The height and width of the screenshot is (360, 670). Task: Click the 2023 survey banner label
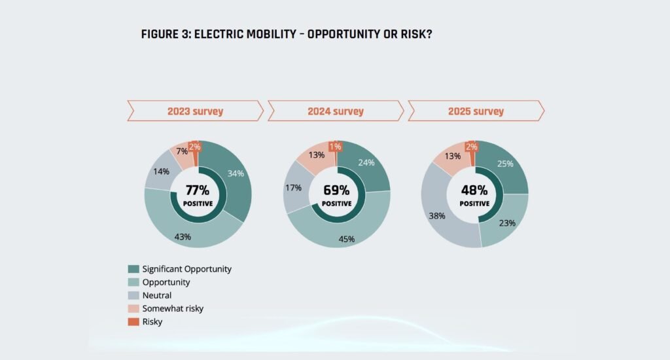tap(195, 111)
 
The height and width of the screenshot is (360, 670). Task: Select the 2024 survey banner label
tap(336, 111)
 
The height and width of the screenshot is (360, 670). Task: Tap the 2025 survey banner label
tap(476, 111)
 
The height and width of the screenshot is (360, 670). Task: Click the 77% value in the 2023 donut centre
tap(198, 190)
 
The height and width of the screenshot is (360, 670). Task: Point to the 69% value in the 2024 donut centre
tap(337, 190)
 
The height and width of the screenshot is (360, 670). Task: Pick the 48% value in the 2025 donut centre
tap(474, 190)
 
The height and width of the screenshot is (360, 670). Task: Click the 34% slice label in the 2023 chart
tap(236, 173)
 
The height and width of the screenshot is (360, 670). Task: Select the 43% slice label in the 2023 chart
tap(183, 236)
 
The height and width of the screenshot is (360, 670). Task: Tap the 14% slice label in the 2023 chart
tap(162, 171)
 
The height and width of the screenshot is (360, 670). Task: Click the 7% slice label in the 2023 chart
tap(182, 151)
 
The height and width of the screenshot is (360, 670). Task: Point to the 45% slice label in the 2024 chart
tap(346, 239)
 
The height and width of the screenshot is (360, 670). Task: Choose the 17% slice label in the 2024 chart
tap(293, 188)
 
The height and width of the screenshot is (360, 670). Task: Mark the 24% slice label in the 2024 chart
tap(366, 163)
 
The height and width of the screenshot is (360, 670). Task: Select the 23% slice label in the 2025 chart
tap(507, 223)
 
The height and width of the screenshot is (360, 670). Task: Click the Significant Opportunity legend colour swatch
tap(133, 269)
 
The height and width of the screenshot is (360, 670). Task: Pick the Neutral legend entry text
tap(158, 295)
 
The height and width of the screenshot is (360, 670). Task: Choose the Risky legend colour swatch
tap(133, 321)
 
